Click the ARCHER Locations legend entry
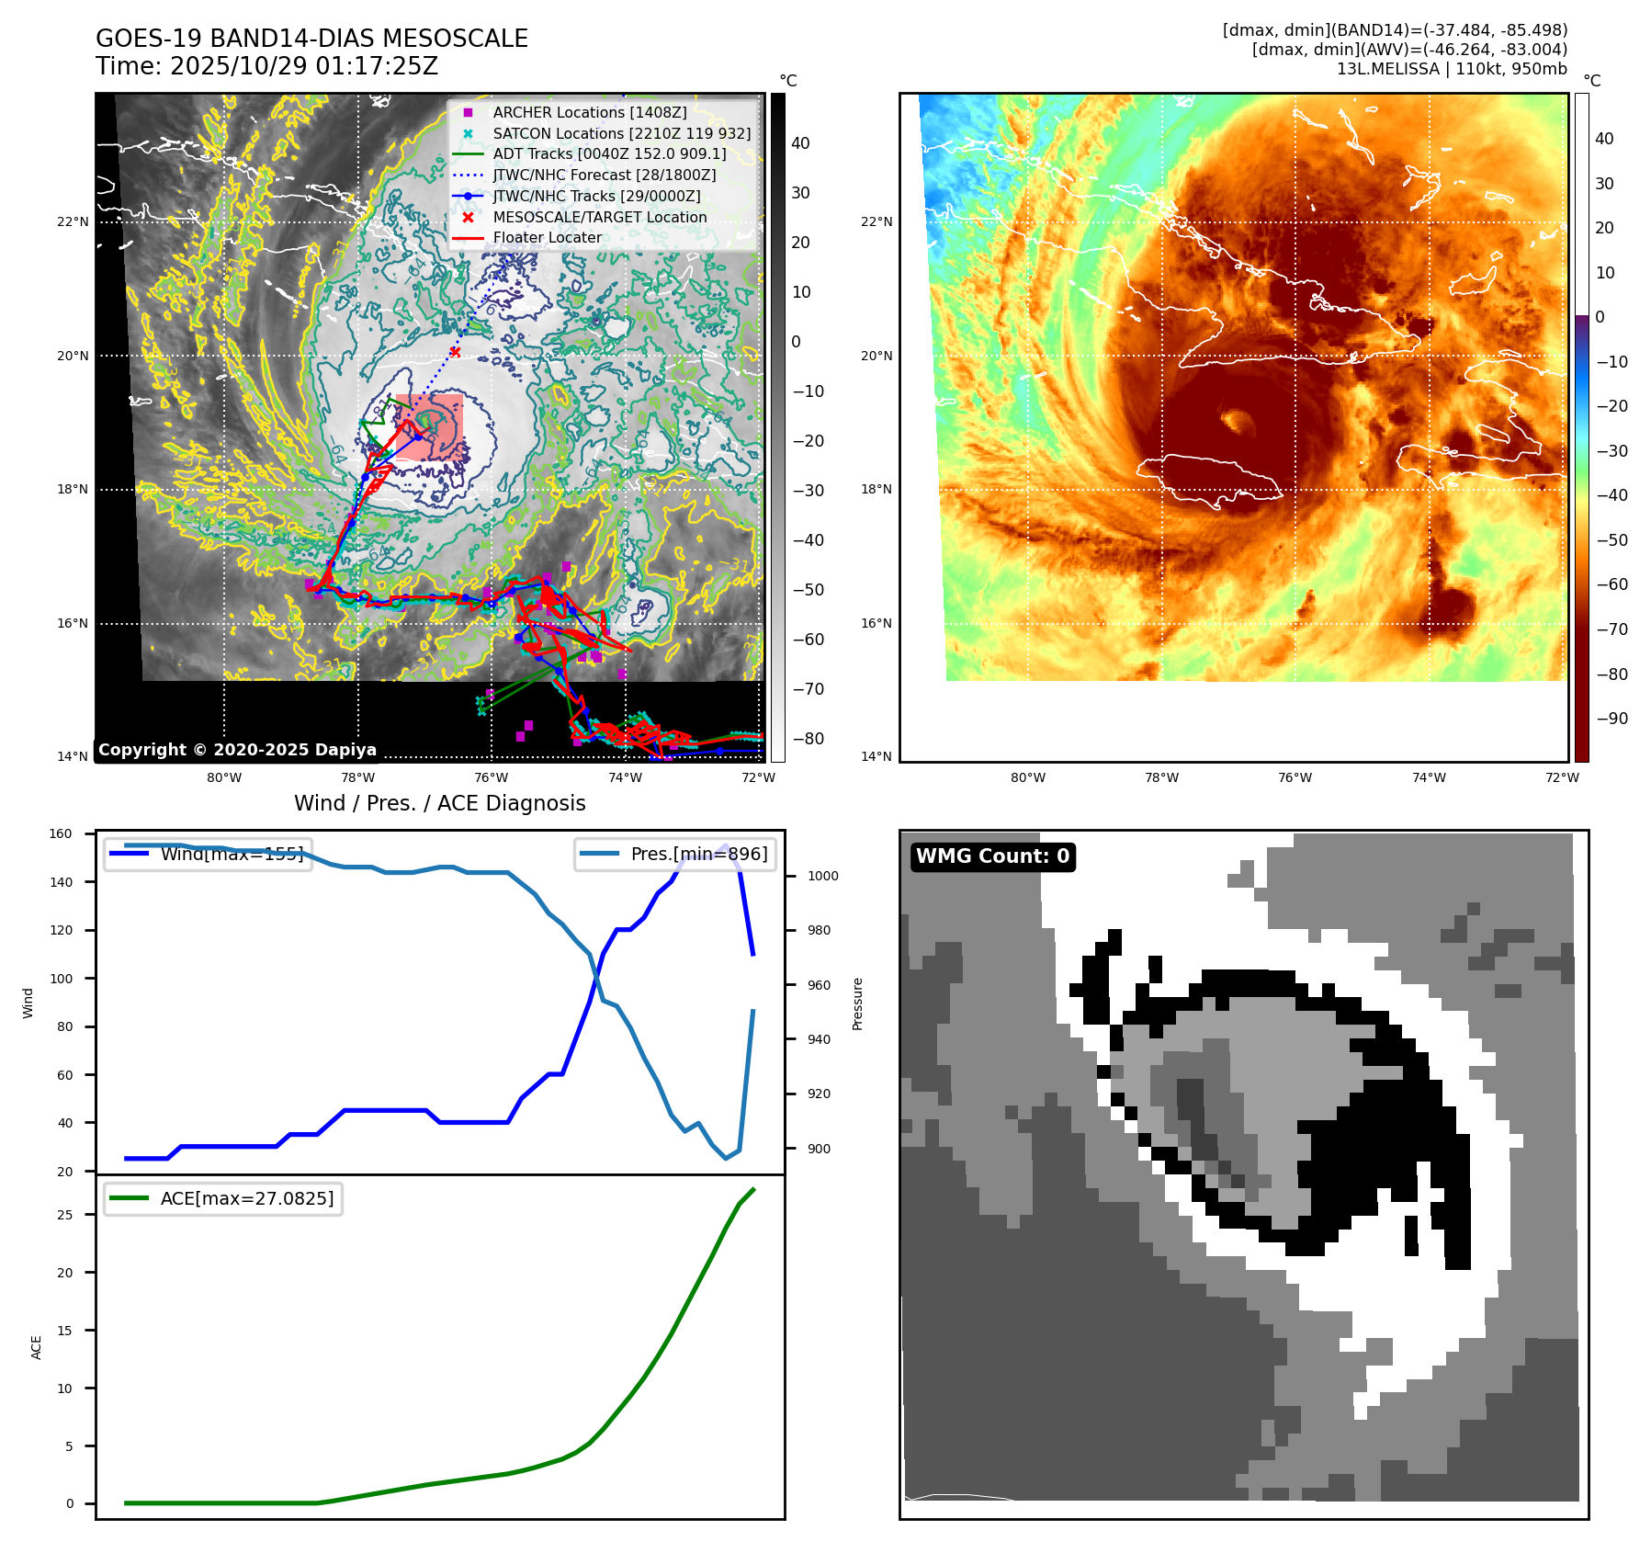click(x=589, y=112)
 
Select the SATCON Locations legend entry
click(x=621, y=133)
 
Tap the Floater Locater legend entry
click(x=547, y=237)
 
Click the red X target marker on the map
click(x=455, y=352)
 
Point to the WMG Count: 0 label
click(x=992, y=856)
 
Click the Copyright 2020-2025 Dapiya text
click(x=237, y=750)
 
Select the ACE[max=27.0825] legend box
click(x=223, y=1198)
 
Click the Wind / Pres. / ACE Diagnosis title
click(x=439, y=803)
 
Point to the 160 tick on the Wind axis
click(x=61, y=833)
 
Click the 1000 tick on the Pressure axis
click(x=822, y=876)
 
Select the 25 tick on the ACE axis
click(x=64, y=1215)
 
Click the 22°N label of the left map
click(x=73, y=221)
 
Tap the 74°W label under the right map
click(x=1428, y=777)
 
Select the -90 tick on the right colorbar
click(x=1611, y=719)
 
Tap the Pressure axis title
click(x=857, y=1003)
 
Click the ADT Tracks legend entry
click(x=609, y=153)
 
